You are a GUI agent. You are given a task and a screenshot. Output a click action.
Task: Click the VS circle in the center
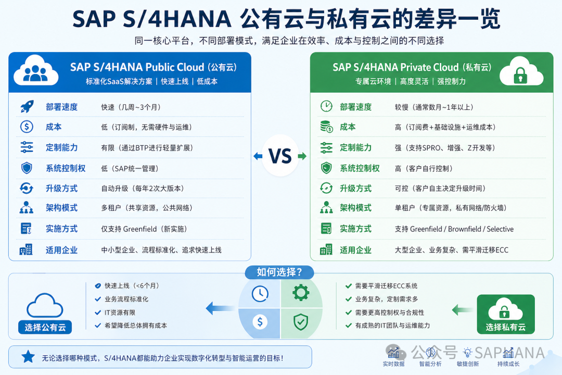tap(280, 156)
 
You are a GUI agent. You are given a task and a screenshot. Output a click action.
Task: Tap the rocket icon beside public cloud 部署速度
tap(27, 107)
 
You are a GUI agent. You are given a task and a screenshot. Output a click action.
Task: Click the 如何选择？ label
tap(279, 272)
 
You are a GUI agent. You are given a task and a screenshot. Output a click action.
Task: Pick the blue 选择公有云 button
tap(44, 327)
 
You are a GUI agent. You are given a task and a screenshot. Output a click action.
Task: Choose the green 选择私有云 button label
tap(505, 327)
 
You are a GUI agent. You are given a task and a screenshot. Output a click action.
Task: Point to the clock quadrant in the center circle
tap(260, 294)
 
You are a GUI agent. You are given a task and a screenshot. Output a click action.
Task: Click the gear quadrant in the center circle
tap(301, 293)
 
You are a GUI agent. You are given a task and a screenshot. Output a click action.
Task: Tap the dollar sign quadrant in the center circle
tap(260, 322)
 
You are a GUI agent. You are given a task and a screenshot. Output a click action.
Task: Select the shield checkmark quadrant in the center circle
tap(301, 322)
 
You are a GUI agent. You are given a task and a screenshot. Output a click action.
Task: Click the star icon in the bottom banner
tap(28, 357)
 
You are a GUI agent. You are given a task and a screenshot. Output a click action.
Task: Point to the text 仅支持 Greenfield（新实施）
tap(144, 229)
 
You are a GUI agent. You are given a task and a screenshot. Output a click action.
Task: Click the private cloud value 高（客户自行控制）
tap(424, 168)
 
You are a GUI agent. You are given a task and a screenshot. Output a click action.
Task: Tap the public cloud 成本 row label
tap(54, 127)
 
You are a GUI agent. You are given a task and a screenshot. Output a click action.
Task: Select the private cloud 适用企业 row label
tap(355, 250)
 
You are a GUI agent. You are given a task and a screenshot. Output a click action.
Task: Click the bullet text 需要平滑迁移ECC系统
tap(386, 286)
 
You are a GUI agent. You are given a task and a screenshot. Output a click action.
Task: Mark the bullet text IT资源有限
tap(120, 312)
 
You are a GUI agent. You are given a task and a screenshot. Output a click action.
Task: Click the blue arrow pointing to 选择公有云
tap(220, 308)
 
